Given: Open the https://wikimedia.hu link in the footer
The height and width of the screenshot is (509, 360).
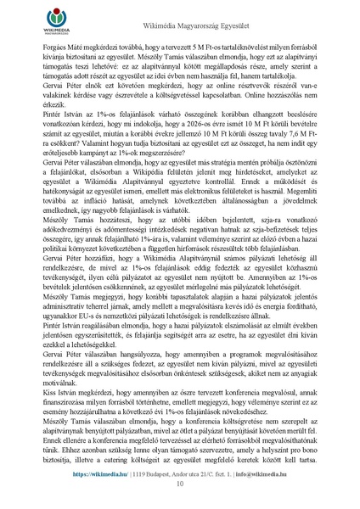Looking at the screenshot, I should (x=100, y=474).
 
